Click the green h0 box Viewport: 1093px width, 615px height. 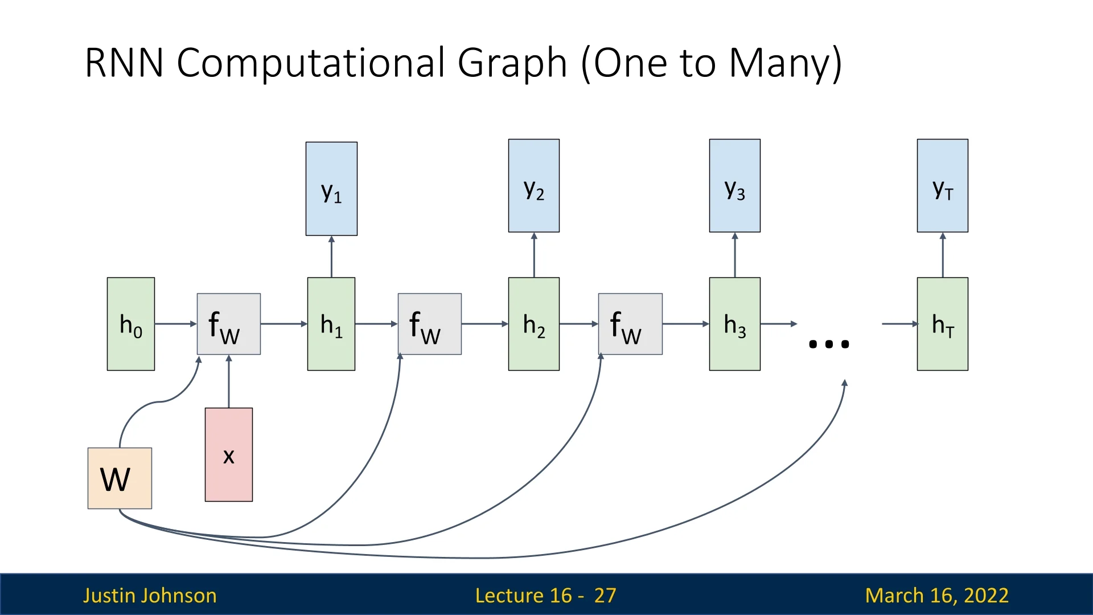pyautogui.click(x=131, y=324)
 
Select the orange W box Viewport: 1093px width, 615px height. pyautogui.click(x=120, y=478)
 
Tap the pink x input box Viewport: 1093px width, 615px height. pyautogui.click(x=229, y=454)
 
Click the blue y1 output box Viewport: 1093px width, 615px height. pyautogui.click(x=331, y=188)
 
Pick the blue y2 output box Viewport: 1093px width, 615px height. pyautogui.click(x=534, y=186)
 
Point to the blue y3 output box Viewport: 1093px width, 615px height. pyautogui.click(x=734, y=186)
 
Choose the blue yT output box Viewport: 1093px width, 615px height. pyautogui.click(x=942, y=186)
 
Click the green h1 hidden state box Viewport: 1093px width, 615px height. pyautogui.click(x=331, y=324)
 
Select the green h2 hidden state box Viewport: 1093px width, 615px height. pyautogui.click(x=534, y=324)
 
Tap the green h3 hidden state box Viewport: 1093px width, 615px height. pyautogui.click(x=734, y=324)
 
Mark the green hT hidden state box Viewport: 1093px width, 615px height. pyautogui.click(x=942, y=324)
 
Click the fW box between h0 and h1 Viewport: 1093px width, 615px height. pyautogui.click(x=229, y=324)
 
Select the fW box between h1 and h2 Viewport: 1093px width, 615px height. pyautogui.click(x=429, y=324)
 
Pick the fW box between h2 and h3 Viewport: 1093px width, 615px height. pyautogui.click(x=630, y=324)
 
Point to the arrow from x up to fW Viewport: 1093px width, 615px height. pyautogui.click(x=229, y=382)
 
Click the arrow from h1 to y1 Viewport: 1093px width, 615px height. pyautogui.click(x=331, y=257)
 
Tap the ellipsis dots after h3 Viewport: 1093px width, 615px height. pyautogui.click(x=829, y=344)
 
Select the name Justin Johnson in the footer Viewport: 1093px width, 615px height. pyautogui.click(x=150, y=595)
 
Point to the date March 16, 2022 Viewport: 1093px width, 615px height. pyautogui.click(x=936, y=595)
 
